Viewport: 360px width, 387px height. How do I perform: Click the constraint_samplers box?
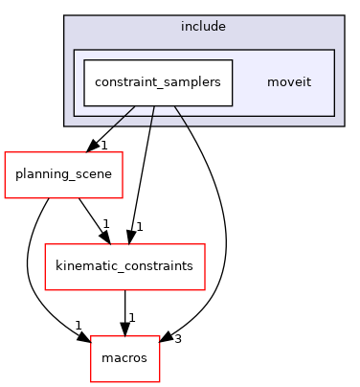pyautogui.click(x=158, y=82)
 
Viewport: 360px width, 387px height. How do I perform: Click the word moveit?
pyautogui.click(x=287, y=82)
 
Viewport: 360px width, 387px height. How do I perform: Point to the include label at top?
pyautogui.click(x=203, y=26)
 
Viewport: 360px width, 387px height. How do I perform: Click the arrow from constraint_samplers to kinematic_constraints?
pyautogui.click(x=143, y=172)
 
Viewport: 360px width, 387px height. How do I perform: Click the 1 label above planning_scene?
pyautogui.click(x=103, y=145)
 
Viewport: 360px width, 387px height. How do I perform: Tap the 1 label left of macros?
pyautogui.click(x=79, y=326)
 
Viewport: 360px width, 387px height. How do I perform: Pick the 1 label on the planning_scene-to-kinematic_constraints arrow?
pyautogui.click(x=105, y=224)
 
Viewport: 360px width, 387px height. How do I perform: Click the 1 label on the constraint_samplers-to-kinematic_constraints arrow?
pyautogui.click(x=139, y=227)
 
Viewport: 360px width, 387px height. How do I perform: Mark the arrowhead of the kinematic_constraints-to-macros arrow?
pyautogui.click(x=126, y=329)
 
